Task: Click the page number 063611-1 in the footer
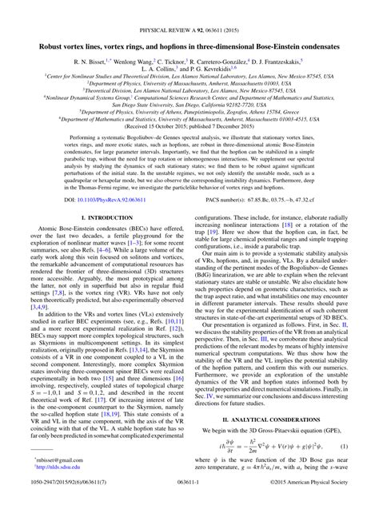189,496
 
